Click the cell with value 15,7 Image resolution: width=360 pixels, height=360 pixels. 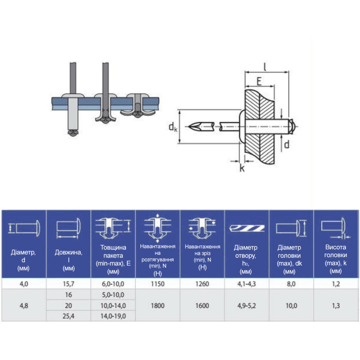click(x=68, y=284)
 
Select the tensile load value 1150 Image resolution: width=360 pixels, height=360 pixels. click(x=157, y=284)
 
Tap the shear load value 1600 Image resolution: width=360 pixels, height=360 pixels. click(x=202, y=306)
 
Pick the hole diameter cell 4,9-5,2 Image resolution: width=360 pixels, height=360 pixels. click(x=247, y=306)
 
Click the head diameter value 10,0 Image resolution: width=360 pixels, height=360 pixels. click(x=291, y=306)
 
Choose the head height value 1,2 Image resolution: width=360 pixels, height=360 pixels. click(x=336, y=284)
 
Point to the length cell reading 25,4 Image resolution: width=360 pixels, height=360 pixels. click(x=68, y=316)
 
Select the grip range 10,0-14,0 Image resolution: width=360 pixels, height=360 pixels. click(x=113, y=306)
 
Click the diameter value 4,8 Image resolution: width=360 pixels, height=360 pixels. click(x=24, y=306)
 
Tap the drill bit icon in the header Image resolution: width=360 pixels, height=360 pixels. click(x=247, y=228)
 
